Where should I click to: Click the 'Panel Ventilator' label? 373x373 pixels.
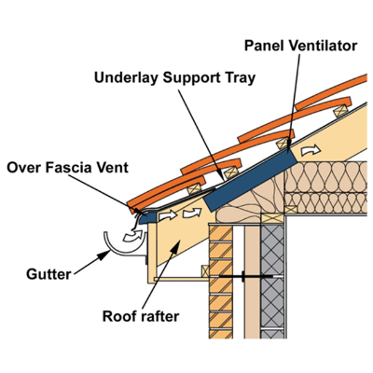pos(300,46)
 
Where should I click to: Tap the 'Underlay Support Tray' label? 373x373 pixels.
pos(174,77)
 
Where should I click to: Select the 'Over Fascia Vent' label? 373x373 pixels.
pos(67,168)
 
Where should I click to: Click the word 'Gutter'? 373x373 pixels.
pos(48,274)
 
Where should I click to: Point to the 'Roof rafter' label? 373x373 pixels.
pos(141,316)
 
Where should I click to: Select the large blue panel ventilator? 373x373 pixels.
pos(250,179)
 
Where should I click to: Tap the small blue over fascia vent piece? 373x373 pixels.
pos(146,217)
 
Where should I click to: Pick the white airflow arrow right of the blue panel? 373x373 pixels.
pos(311,150)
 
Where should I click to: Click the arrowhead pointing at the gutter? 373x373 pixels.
pos(104,256)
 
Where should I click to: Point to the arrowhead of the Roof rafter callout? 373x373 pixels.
pos(175,245)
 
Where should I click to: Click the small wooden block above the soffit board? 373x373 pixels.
pos(205,271)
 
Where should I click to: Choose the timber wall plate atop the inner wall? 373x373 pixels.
pos(272,218)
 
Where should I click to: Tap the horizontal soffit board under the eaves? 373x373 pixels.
pos(182,279)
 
